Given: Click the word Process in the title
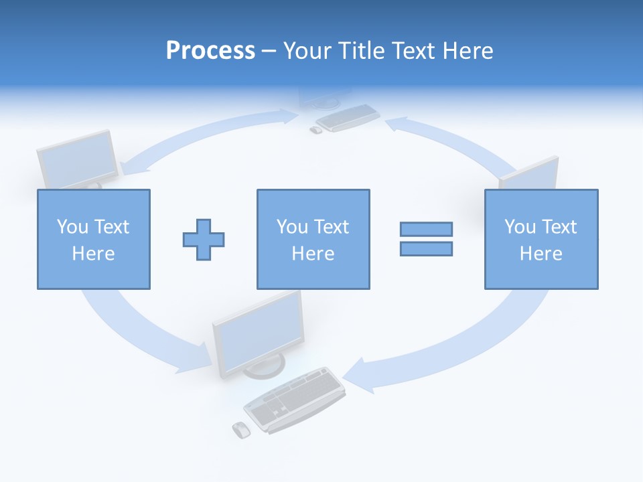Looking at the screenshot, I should click(x=210, y=50).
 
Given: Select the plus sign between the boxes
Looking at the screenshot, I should click(x=204, y=239).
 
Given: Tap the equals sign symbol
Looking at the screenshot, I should click(x=426, y=239).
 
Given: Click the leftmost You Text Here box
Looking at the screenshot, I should click(x=94, y=239).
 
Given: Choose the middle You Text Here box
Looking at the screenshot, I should click(x=313, y=239).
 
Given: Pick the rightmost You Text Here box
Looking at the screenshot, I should click(x=541, y=239).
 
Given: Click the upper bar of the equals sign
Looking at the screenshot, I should click(x=426, y=229).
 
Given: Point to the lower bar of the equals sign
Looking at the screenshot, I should click(x=426, y=249).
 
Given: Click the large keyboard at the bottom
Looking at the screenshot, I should click(x=295, y=398).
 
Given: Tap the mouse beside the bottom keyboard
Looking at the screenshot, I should click(x=240, y=430).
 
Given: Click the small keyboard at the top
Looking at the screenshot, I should click(x=347, y=118).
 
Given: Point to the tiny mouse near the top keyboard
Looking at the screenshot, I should click(x=315, y=130).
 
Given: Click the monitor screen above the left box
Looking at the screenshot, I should click(x=77, y=159).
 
